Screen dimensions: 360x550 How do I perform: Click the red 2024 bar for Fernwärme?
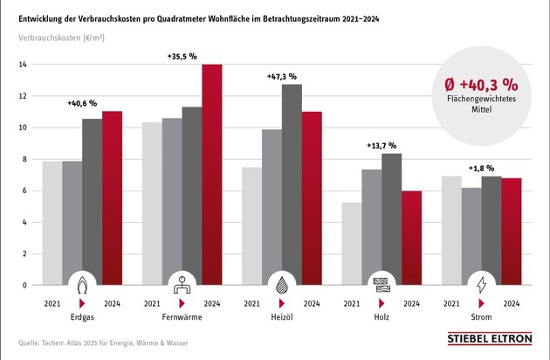(x=212, y=175)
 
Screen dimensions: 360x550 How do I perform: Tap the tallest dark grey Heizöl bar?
(x=292, y=184)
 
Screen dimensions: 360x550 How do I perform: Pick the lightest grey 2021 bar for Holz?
(x=353, y=244)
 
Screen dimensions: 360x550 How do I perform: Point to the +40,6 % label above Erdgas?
(x=82, y=103)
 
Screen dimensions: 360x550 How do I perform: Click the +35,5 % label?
(x=182, y=55)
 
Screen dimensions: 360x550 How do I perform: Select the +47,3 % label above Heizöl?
(x=282, y=77)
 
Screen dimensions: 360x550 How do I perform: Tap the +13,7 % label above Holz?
(x=382, y=145)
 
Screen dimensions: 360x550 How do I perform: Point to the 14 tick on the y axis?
(x=24, y=65)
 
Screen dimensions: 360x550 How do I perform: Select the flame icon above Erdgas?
(x=82, y=285)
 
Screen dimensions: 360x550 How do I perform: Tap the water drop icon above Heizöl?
(x=282, y=285)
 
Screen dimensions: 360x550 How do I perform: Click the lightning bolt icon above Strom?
(x=481, y=285)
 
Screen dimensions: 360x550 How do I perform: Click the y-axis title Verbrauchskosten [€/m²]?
(x=59, y=38)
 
